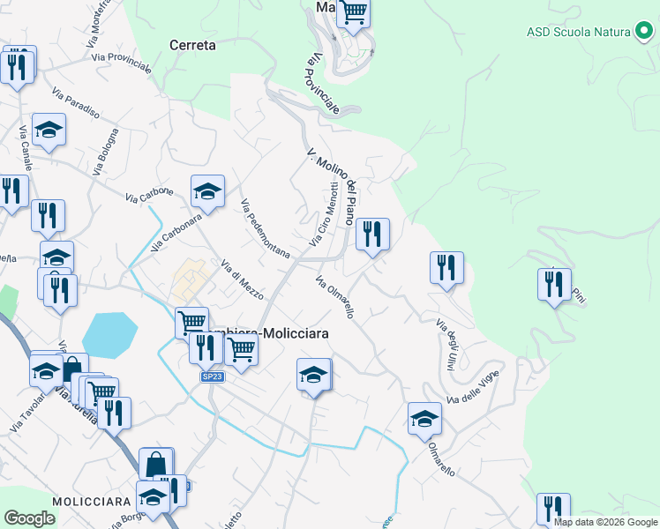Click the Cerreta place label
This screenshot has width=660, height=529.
pos(191,45)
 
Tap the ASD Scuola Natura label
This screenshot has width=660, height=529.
pos(578,32)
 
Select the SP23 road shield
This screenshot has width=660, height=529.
pos(212,376)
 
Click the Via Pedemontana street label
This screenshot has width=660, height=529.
pos(266,227)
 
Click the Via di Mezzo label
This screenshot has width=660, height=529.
pos(241,279)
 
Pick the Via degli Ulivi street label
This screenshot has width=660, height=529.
pos(445,345)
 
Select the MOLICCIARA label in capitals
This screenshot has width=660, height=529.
pos(93,501)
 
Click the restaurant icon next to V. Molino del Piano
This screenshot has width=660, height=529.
pos(372,234)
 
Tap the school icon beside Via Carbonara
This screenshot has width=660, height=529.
pos(207,190)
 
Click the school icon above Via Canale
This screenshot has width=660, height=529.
pos(49,129)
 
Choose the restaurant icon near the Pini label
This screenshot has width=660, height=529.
pos(554,284)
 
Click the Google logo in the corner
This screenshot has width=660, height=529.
pos(30,518)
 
